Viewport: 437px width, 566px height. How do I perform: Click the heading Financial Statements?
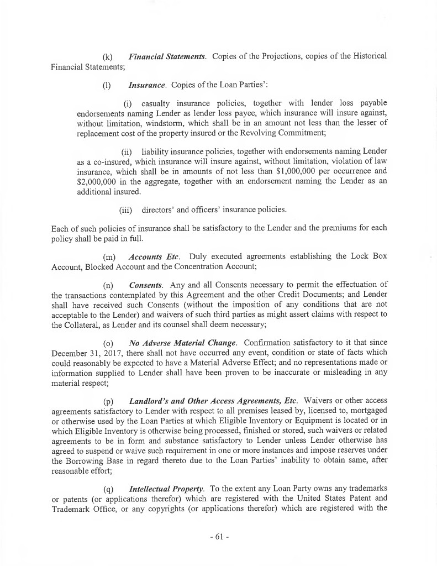167,56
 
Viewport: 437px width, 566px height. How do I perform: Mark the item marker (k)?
108,56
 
